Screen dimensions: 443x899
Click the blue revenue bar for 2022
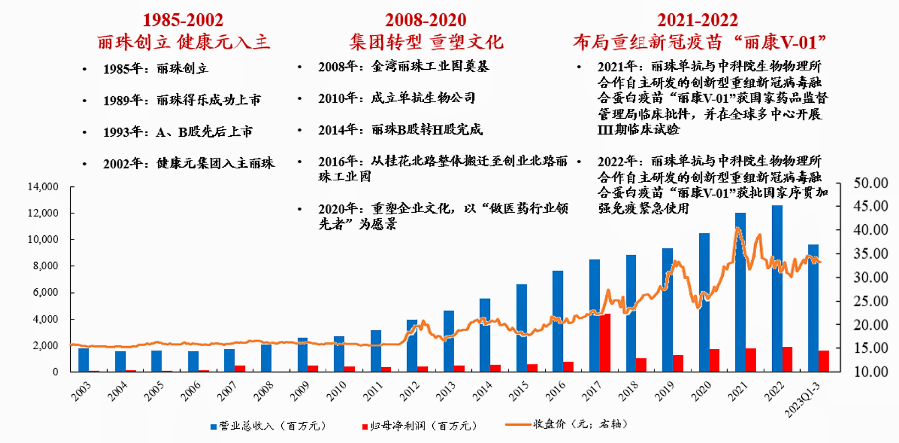[777, 289]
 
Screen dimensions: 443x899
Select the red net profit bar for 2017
[605, 342]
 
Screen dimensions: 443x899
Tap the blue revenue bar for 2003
[83, 360]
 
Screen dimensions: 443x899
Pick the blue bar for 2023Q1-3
[813, 308]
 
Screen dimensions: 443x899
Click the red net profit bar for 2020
[714, 361]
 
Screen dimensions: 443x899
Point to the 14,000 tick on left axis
[43, 187]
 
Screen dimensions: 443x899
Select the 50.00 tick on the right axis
[870, 183]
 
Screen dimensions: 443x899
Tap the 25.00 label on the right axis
[870, 301]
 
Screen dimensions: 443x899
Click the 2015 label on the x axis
[518, 391]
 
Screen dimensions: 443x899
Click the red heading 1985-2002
[183, 20]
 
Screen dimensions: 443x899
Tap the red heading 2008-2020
[426, 20]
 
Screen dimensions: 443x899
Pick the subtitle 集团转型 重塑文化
[426, 42]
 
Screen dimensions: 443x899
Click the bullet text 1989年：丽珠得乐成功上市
[182, 100]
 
